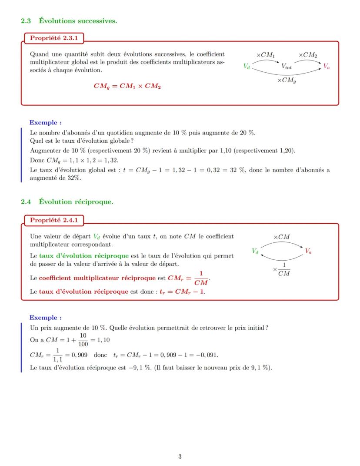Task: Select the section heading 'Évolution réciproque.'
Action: [x=76, y=201]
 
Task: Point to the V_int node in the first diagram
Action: [x=287, y=67]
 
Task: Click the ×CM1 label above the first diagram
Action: [x=266, y=55]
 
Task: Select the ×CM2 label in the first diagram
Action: [x=308, y=55]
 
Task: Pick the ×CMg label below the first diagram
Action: [x=287, y=80]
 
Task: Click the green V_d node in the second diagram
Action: [x=255, y=251]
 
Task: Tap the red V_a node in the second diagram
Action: [x=308, y=251]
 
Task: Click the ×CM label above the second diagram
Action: [x=281, y=237]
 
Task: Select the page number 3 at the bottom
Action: [x=180, y=456]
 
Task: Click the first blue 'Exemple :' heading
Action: [x=45, y=123]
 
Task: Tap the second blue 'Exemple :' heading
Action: [x=45, y=318]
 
